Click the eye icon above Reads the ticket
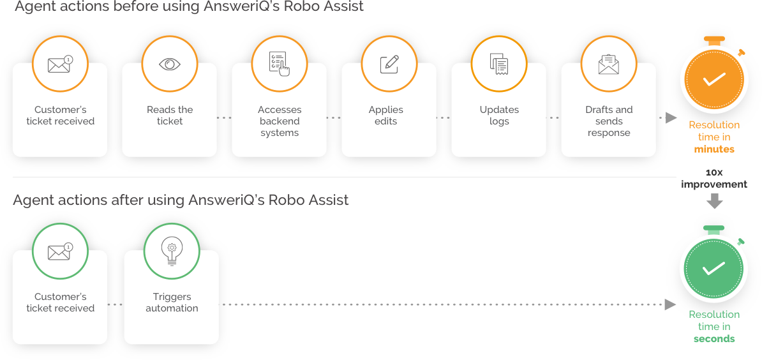pos(170,64)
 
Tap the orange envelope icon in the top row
pos(60,64)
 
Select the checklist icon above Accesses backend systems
pos(280,64)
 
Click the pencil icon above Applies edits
pos(389,64)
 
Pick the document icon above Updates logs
pos(499,64)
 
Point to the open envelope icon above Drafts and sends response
pos(609,64)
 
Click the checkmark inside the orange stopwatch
pos(713,80)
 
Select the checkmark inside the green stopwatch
pos(713,269)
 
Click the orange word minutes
pos(714,149)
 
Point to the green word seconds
pos(714,339)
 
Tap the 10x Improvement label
pos(714,179)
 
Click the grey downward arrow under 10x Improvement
pos(715,201)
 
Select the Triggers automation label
pos(172,303)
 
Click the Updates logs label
pos(499,116)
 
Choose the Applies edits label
pos(386,116)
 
